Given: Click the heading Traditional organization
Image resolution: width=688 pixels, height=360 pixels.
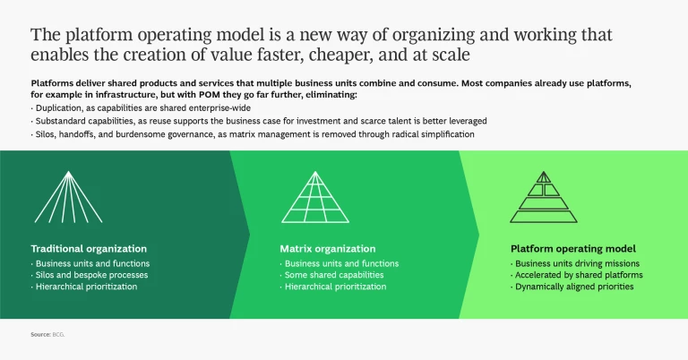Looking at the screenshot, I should click(x=89, y=248).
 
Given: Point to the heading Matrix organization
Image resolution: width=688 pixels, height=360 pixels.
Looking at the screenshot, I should click(x=328, y=248).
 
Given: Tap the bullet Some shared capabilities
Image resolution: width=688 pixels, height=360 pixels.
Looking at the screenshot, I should click(x=333, y=275).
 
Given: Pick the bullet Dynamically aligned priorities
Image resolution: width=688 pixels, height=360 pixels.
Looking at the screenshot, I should click(x=574, y=287).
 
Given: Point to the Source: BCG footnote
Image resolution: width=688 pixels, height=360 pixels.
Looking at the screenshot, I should click(x=47, y=334).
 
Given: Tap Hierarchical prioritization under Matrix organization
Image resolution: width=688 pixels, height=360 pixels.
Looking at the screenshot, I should click(x=336, y=287).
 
